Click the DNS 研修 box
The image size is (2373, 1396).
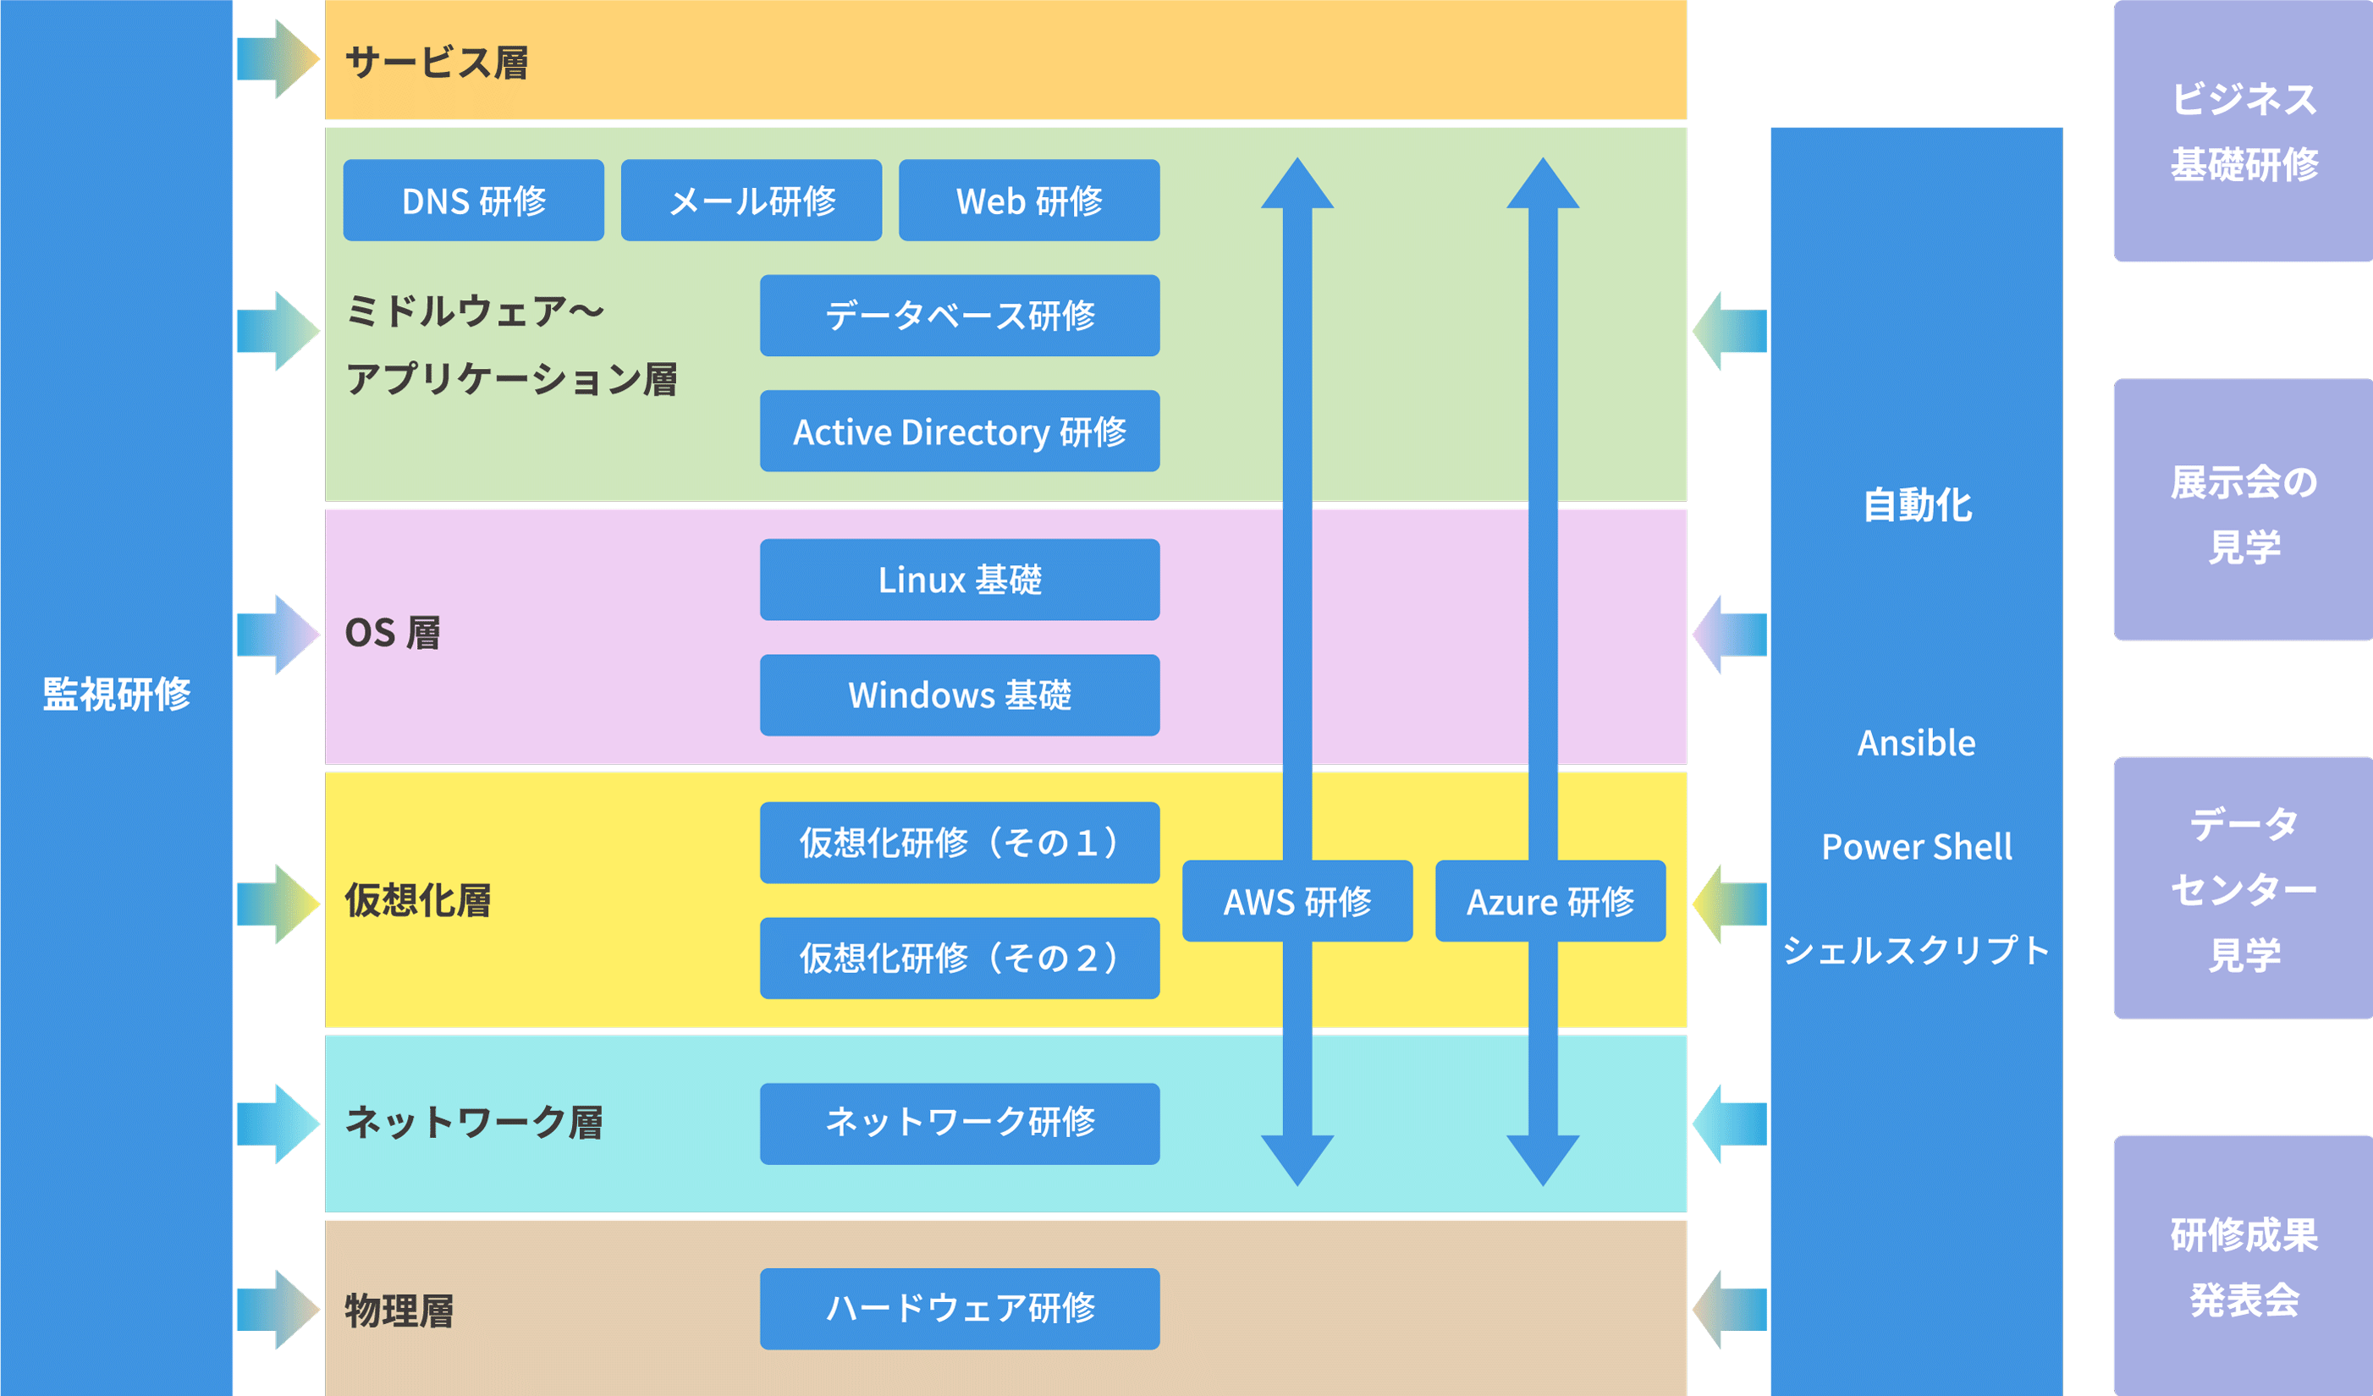[474, 201]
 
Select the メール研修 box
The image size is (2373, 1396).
[752, 201]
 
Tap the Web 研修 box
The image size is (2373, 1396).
[1029, 201]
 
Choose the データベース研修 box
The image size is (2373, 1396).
[960, 316]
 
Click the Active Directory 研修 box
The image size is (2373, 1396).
[960, 431]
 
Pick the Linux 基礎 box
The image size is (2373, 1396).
[960, 580]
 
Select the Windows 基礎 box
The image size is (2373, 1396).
[960, 695]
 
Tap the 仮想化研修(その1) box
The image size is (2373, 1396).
[960, 843]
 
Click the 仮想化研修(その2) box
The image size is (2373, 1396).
[960, 959]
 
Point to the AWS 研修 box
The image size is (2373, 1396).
[1297, 901]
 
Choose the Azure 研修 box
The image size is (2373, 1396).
[1550, 901]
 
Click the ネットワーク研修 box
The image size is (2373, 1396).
[960, 1123]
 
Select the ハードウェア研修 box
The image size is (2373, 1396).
[960, 1309]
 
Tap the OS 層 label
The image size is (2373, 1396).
[393, 634]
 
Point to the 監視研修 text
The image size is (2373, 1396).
[117, 694]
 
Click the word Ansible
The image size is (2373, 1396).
[1916, 744]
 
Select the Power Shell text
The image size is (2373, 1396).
[1916, 847]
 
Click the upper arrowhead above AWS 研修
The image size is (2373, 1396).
[1297, 184]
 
